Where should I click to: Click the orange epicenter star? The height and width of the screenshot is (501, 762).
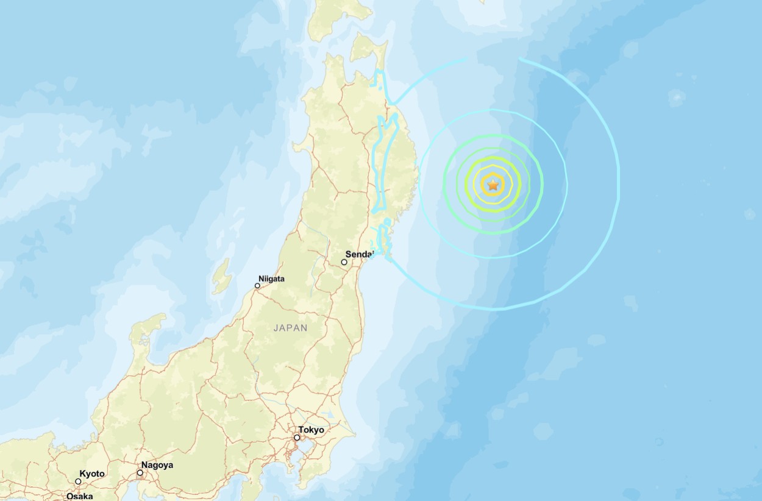493,185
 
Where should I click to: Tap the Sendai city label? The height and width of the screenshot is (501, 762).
359,254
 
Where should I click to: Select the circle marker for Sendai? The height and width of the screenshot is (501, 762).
344,262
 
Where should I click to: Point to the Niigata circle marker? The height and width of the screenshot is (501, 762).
257,285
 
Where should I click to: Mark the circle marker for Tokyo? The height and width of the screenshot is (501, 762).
297,438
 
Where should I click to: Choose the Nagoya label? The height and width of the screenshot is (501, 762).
157,465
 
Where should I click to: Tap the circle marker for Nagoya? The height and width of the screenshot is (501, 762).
140,472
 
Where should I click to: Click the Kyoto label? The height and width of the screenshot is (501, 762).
92,474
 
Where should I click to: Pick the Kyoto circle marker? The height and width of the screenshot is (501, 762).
78,481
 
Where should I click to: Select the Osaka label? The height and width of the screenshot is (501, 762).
79,496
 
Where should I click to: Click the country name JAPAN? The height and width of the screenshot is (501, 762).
290,328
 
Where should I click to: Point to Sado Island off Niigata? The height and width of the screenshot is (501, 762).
221,277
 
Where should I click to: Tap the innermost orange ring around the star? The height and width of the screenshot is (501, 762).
493,176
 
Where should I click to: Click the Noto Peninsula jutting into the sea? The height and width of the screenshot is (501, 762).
146,332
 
